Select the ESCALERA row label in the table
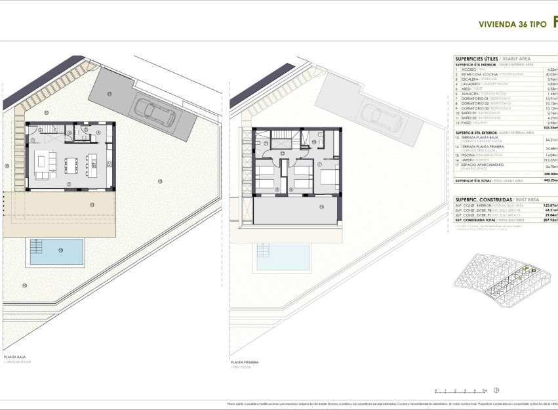468,79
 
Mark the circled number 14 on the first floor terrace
322,207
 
